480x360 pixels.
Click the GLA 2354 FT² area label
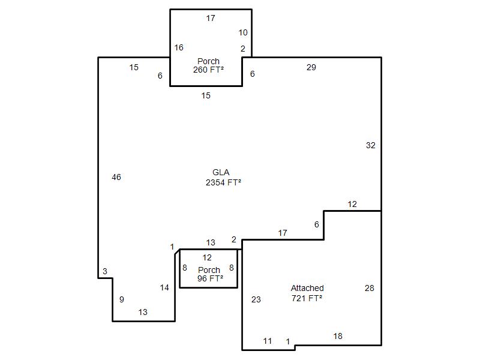coord(223,177)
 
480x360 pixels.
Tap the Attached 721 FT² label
coord(307,293)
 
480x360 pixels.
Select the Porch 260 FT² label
coord(208,65)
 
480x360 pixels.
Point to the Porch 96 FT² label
coord(209,274)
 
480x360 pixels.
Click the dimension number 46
coord(116,177)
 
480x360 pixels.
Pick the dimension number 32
coord(371,145)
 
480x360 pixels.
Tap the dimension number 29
coord(311,67)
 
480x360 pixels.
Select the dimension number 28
coord(370,288)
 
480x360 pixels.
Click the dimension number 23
coord(256,299)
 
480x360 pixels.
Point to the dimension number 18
coord(338,336)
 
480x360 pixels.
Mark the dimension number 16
coord(179,47)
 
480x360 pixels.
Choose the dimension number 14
coord(164,287)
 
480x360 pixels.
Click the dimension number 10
coord(243,32)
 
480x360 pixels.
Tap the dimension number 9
coord(122,299)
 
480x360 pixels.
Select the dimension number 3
coord(105,271)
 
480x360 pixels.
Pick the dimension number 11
coord(268,341)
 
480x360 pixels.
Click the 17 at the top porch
coord(211,18)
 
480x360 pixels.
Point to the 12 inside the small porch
coord(207,257)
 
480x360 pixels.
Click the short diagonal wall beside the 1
coord(177,251)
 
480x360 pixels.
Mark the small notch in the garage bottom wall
coord(295,347)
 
